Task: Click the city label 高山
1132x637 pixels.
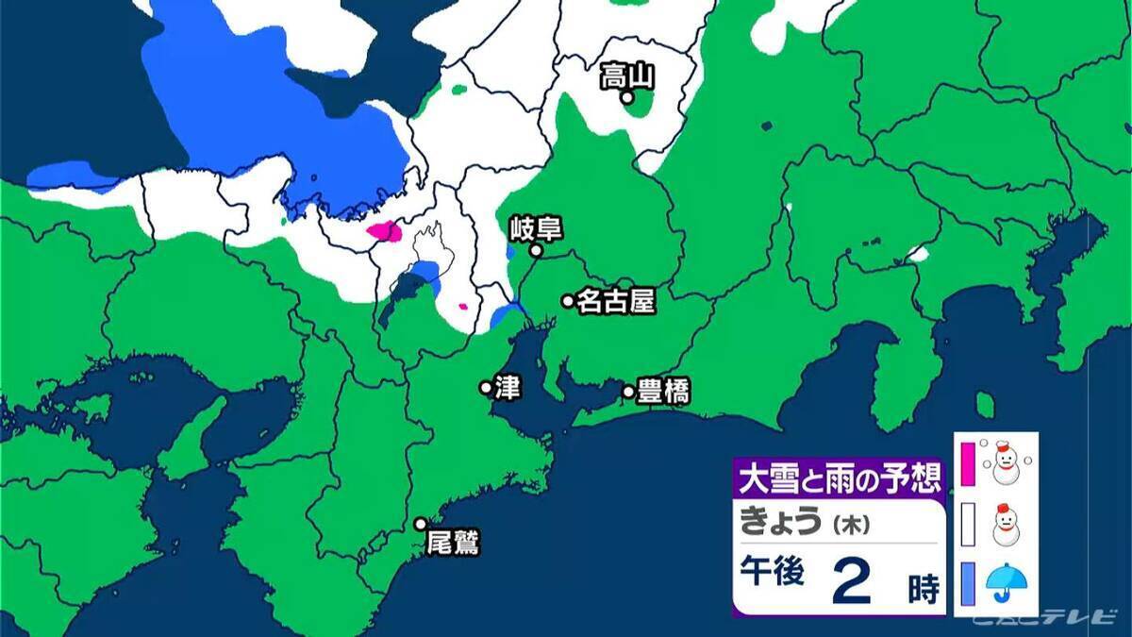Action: (628, 75)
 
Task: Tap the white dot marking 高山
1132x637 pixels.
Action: (627, 96)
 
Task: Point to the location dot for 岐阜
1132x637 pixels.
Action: (535, 251)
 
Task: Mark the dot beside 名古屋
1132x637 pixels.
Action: (568, 301)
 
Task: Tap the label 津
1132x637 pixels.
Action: (508, 388)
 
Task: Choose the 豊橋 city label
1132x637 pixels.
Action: (662, 392)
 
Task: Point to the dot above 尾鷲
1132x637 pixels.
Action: (421, 524)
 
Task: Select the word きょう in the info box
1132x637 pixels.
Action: (779, 522)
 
